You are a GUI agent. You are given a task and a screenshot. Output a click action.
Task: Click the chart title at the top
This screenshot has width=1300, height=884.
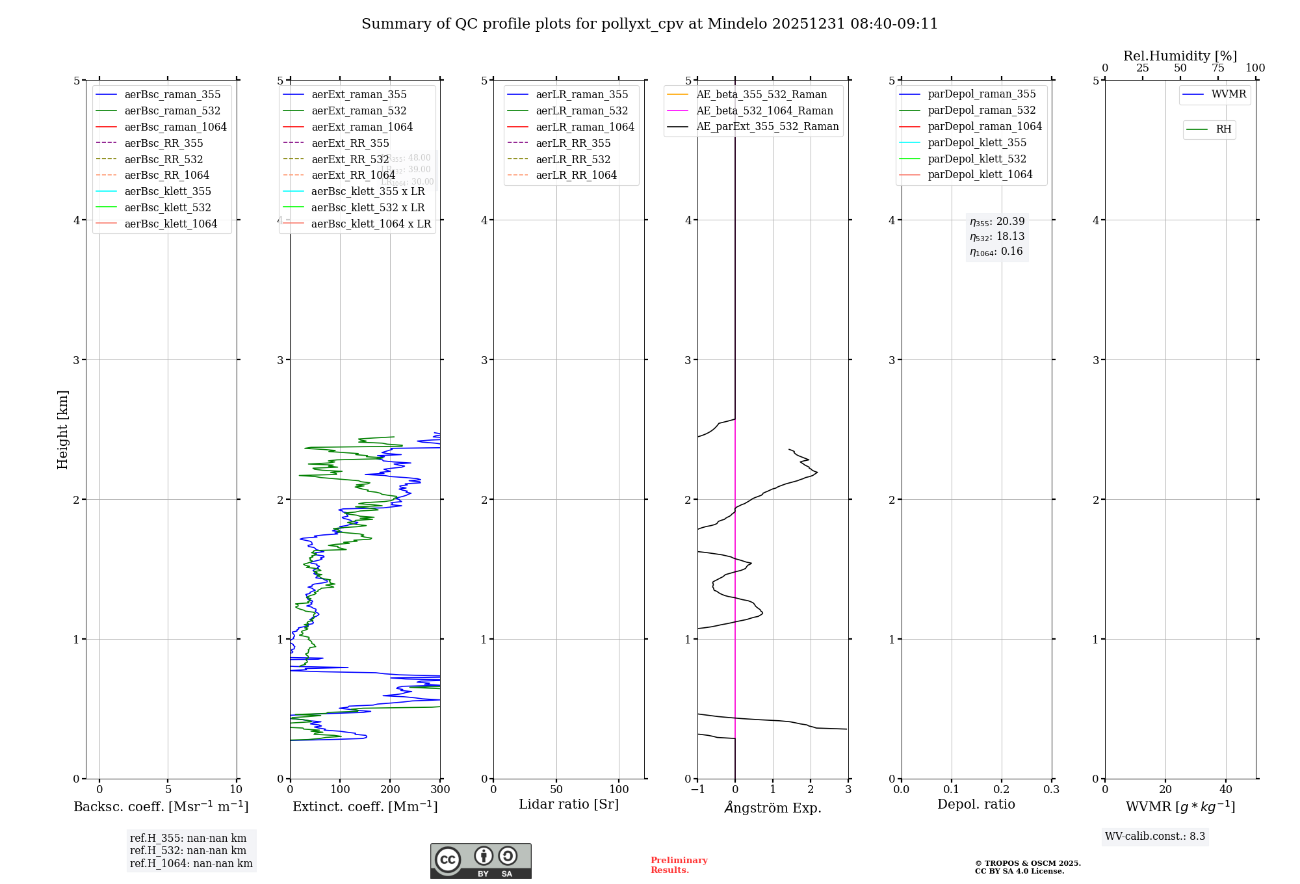pos(649,24)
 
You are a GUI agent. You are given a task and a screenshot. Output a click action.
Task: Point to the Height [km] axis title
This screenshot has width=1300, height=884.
pos(62,429)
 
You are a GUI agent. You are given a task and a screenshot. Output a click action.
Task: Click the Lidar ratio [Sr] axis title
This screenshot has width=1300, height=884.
pos(569,804)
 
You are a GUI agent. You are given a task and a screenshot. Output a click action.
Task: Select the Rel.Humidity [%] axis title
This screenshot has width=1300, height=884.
pos(1180,56)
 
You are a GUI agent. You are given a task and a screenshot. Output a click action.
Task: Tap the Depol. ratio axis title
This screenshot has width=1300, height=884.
pos(976,804)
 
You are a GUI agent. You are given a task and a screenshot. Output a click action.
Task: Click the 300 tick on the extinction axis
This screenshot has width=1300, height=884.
pos(440,790)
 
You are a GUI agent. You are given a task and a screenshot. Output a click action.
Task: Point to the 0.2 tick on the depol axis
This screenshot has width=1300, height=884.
pos(1002,790)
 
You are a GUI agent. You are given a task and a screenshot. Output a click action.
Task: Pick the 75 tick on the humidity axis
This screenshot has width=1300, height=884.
pos(1217,68)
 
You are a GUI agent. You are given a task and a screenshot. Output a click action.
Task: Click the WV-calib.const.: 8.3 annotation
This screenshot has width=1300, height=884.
pos(1154,837)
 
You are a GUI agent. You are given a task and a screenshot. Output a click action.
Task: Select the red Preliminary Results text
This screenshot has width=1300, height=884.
pos(679,865)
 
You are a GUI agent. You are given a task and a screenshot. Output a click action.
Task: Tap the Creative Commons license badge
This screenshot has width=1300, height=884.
pos(480,861)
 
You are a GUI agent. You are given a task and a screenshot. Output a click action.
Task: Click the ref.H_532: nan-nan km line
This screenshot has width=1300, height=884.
pos(188,851)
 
